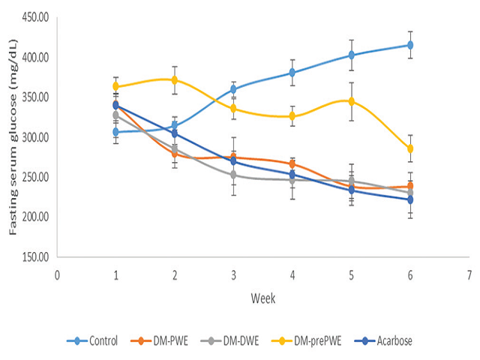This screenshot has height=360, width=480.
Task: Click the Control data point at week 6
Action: point(409,45)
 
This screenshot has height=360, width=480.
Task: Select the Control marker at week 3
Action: point(233,89)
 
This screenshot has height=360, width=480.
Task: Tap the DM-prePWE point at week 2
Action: point(174,79)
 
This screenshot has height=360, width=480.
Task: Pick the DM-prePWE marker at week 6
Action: point(409,148)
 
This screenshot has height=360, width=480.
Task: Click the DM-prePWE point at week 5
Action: point(351,101)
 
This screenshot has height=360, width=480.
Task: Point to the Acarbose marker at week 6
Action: point(409,199)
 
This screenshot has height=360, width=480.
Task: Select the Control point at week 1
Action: point(115,132)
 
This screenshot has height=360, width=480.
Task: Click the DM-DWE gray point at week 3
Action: point(233,175)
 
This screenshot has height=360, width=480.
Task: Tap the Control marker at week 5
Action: point(351,55)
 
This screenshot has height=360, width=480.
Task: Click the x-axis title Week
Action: point(262,298)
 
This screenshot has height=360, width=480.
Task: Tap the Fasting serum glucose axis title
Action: point(13,139)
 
